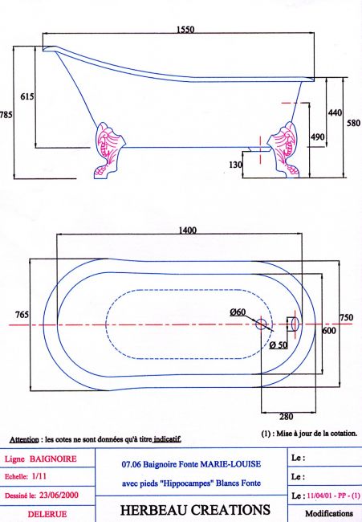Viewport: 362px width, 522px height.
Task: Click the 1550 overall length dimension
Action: [185, 29]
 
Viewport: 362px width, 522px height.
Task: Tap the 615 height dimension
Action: [27, 96]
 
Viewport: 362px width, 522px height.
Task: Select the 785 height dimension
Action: [6, 115]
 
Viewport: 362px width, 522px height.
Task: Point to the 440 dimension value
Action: [335, 112]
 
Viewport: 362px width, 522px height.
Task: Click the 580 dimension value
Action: [354, 123]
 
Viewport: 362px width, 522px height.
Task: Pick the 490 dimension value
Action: [317, 137]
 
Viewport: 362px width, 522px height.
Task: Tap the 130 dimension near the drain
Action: [235, 165]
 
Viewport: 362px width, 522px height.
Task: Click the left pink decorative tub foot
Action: [108, 151]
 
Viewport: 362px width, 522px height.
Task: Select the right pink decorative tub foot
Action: [284, 150]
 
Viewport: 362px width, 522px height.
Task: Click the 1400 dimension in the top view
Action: [188, 230]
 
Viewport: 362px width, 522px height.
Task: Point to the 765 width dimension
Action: [22, 315]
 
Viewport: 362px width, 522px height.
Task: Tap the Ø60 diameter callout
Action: [238, 312]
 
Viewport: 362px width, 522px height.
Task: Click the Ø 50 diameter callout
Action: [279, 345]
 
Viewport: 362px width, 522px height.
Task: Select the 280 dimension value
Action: [286, 417]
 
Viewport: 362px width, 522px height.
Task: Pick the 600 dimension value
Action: [329, 331]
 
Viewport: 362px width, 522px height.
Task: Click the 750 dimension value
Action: [346, 317]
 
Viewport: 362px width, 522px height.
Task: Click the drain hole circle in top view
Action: [261, 324]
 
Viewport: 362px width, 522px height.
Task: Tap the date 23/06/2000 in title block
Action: [59, 495]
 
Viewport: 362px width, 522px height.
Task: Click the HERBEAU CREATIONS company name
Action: [195, 510]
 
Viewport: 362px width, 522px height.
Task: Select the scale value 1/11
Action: [39, 476]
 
